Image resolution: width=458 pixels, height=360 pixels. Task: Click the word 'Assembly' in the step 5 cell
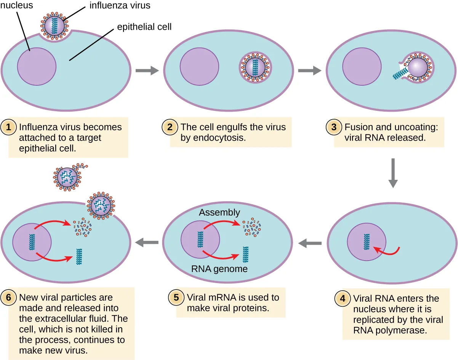219,212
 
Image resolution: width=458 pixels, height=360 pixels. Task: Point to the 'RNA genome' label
219,269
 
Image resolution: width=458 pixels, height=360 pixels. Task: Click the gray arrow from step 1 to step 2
147,70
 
